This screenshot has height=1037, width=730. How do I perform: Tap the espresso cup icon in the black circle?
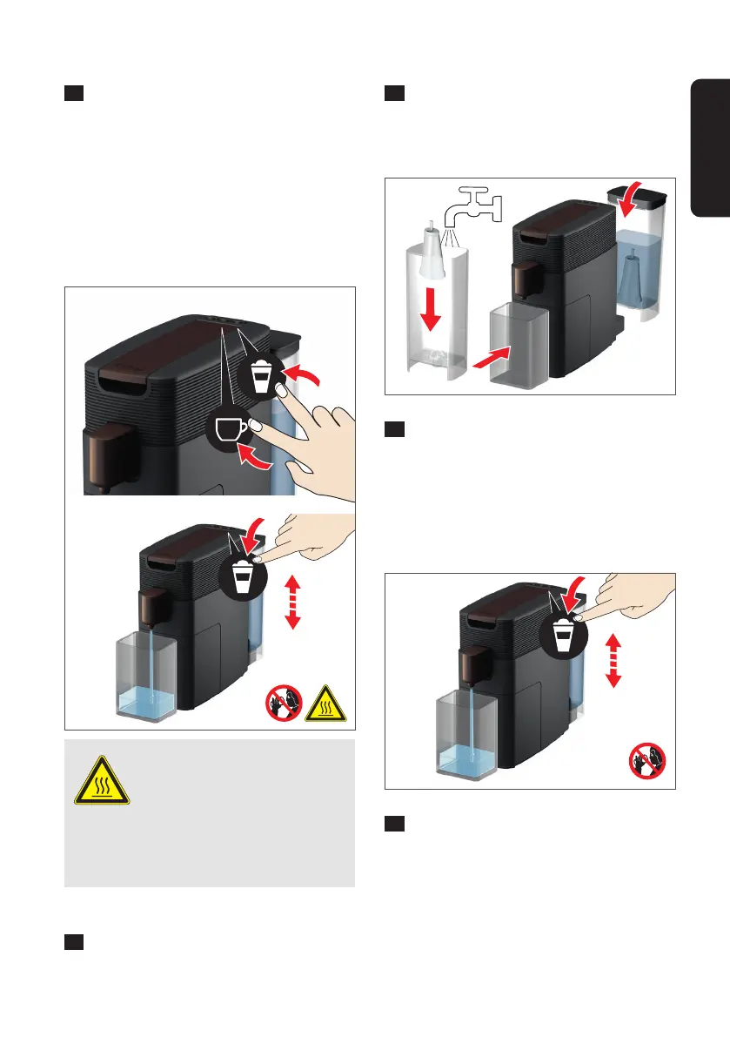point(231,430)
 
